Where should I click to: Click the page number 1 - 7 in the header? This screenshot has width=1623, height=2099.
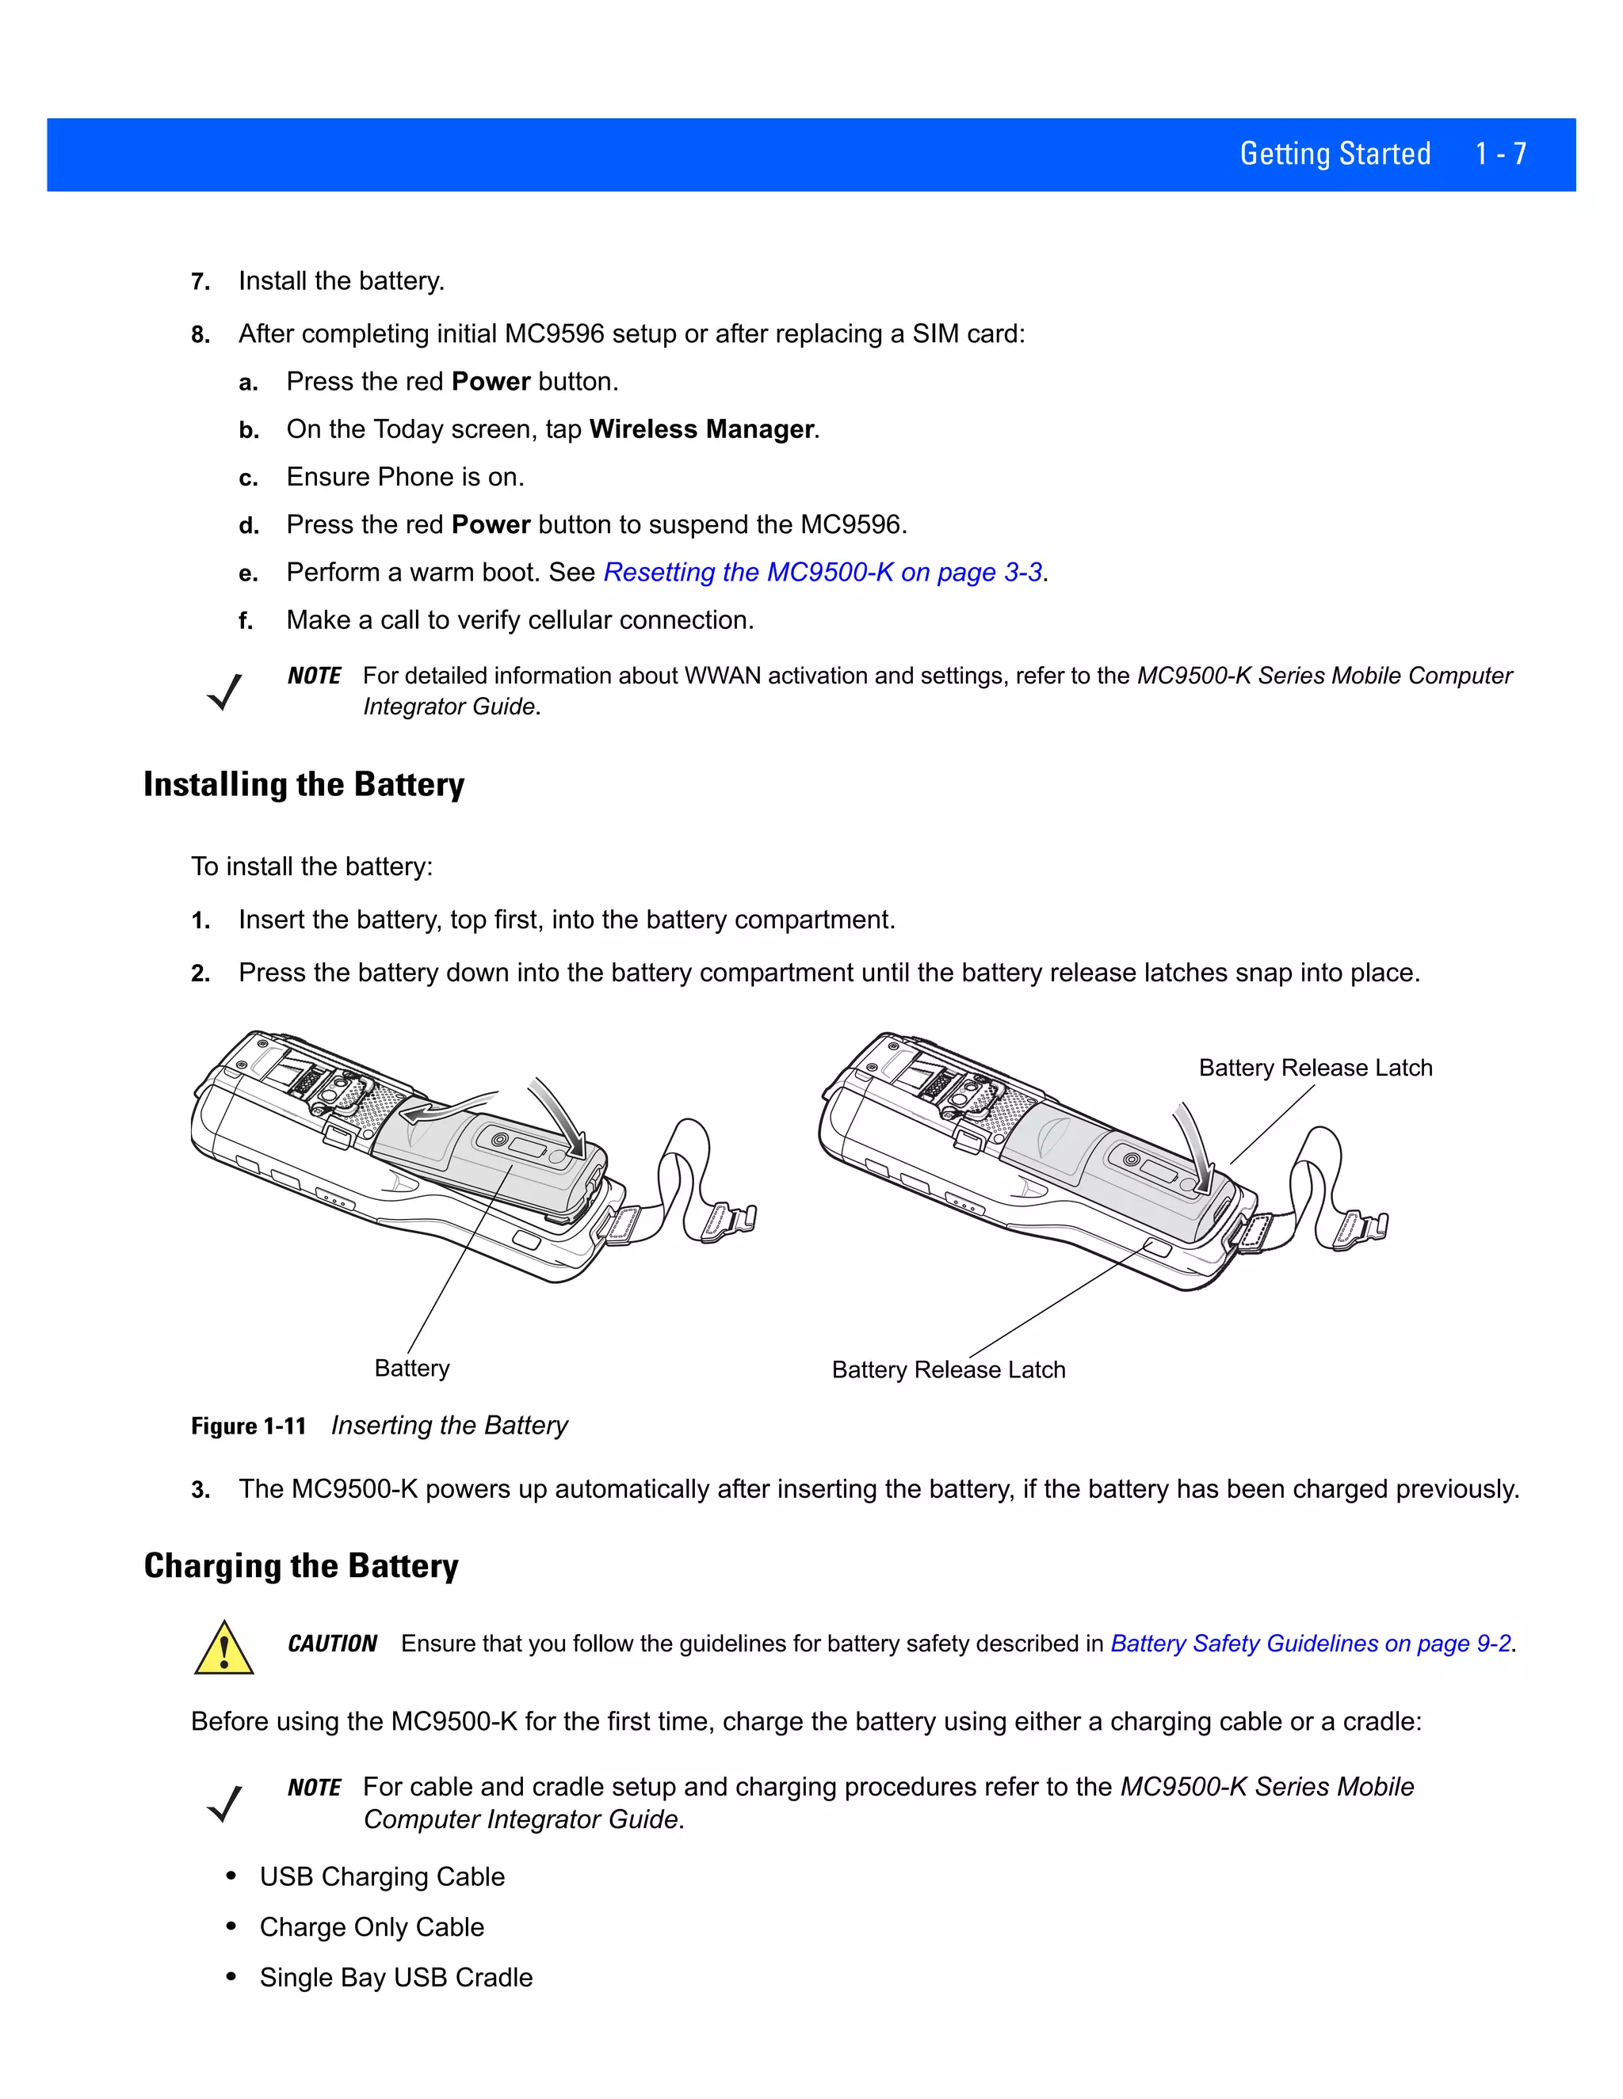pos(1500,154)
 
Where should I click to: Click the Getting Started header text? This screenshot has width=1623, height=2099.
pos(1335,154)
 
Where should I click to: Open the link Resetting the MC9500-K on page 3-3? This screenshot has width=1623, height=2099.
pos(823,573)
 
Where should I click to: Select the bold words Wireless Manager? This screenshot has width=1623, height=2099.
pos(702,429)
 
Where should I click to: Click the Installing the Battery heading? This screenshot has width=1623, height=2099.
pos(304,784)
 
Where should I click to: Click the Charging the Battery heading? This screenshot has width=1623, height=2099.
pos(301,1566)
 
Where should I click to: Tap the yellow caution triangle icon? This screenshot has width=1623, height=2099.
pos(224,1649)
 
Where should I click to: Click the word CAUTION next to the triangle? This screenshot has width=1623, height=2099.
pos(332,1644)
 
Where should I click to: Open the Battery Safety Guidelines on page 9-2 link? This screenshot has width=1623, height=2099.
pos(1311,1644)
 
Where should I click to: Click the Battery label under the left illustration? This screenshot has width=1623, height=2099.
pos(411,1368)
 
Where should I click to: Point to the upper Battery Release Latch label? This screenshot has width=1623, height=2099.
pos(1315,1068)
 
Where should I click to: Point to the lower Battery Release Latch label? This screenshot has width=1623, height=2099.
pos(948,1369)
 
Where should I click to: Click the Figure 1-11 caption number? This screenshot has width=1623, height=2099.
pos(248,1427)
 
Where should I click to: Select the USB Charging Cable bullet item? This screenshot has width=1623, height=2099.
pos(382,1877)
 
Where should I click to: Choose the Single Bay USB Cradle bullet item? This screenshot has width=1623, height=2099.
pos(395,1977)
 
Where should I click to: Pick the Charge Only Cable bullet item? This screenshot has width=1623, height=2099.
pos(371,1927)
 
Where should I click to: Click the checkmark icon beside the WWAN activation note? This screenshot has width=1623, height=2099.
pos(224,691)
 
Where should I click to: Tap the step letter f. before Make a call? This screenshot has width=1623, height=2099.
pos(246,622)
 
